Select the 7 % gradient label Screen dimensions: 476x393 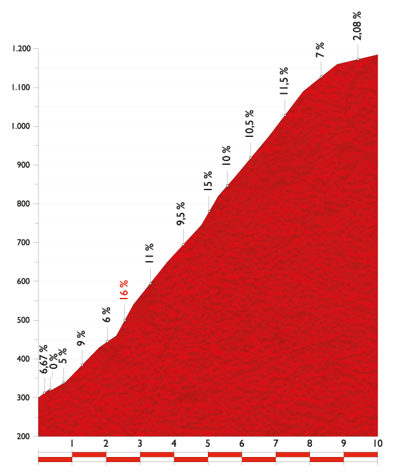pos(320,50)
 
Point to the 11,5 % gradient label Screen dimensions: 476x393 pos(284,81)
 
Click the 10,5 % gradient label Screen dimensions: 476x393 pos(249,124)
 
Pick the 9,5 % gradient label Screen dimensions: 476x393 pos(181,214)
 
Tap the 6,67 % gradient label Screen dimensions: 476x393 pos(43,359)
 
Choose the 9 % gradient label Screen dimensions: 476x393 pos(81,337)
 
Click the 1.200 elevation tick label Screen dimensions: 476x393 pos(22,49)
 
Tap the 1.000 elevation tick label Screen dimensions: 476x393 pos(22,127)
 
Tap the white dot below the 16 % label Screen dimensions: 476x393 pos(124,320)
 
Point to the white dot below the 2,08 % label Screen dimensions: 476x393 pos(358,60)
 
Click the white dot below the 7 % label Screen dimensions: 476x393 pos(321,77)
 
